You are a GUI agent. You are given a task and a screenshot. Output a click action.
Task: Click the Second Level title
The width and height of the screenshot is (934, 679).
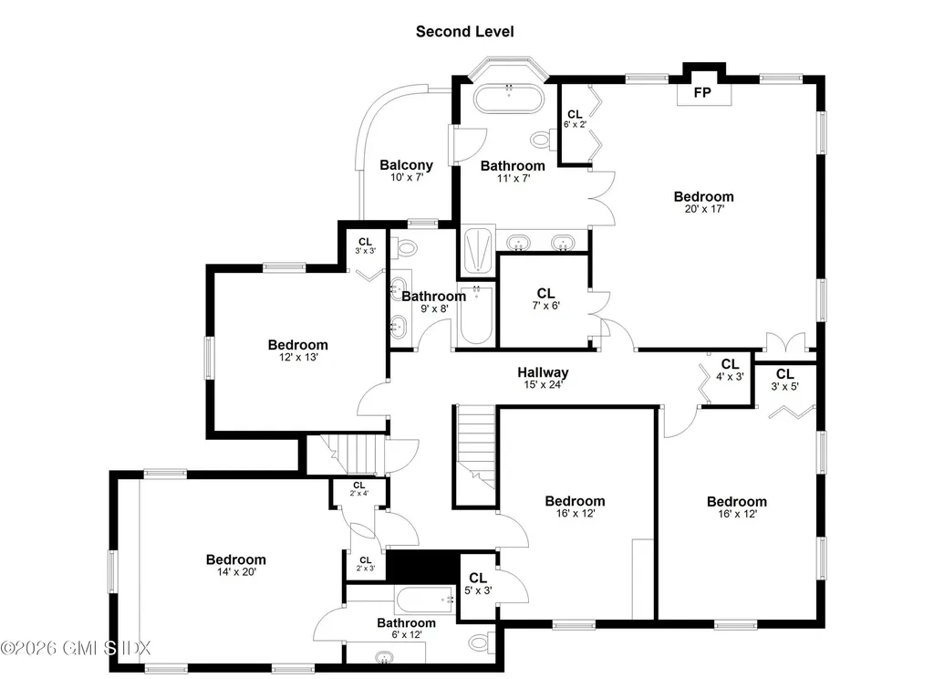click(464, 32)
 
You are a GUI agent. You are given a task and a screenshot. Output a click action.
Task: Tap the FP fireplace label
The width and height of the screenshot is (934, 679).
click(701, 93)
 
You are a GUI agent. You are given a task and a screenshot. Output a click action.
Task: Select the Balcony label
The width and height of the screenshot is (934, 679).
click(406, 165)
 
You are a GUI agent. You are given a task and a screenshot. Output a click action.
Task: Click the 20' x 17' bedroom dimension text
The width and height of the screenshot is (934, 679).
click(703, 209)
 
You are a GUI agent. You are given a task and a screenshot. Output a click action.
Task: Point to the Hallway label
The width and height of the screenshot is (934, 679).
click(543, 372)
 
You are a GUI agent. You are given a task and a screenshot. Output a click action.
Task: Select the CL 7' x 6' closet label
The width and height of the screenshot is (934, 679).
click(545, 293)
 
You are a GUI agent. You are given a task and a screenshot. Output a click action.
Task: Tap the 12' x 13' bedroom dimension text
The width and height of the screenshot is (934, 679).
click(297, 358)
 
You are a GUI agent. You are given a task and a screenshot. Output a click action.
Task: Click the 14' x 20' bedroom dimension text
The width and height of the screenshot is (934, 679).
click(235, 572)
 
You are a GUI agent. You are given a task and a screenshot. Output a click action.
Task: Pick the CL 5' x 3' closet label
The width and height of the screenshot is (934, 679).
click(478, 578)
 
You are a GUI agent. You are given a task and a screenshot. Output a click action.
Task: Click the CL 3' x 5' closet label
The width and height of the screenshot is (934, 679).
click(784, 374)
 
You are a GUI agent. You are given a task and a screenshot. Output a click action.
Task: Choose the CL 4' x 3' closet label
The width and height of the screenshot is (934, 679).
click(730, 364)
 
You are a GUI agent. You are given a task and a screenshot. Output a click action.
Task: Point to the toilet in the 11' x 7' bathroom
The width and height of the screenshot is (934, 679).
click(542, 139)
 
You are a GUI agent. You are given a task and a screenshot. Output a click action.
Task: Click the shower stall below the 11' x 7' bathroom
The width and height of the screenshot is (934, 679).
click(478, 250)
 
